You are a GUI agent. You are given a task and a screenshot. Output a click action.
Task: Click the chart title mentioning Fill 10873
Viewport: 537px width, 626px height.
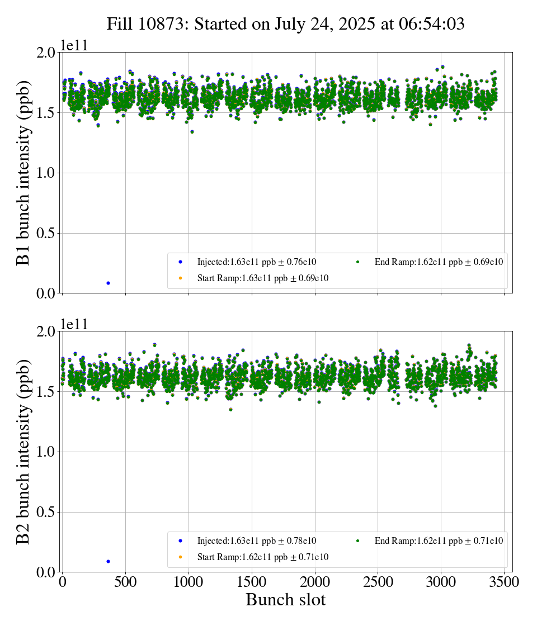tap(286, 23)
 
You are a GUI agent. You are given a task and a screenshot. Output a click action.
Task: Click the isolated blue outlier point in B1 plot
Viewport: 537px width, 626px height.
tap(108, 283)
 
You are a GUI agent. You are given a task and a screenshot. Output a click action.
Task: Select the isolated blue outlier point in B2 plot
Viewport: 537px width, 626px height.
tap(108, 561)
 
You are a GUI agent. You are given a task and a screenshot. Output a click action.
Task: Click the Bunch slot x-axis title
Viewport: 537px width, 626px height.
tap(285, 600)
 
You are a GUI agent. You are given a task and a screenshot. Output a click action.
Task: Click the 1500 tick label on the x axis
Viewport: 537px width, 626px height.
tap(252, 582)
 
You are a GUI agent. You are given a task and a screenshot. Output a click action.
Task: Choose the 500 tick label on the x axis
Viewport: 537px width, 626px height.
tap(125, 582)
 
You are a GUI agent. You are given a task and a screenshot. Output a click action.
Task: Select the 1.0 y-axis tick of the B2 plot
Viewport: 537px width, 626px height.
tap(45, 452)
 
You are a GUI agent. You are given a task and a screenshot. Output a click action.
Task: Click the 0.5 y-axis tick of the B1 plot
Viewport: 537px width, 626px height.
tap(45, 233)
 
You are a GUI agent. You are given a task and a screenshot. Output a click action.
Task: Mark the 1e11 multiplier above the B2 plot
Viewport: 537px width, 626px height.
tap(74, 325)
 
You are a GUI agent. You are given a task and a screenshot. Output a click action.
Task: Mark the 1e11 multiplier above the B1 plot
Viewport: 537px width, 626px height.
tap(74, 46)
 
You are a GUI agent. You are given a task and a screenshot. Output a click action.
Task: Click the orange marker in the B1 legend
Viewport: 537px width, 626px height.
tap(181, 278)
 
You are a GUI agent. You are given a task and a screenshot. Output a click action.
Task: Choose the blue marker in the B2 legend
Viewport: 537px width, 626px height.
tap(181, 540)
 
